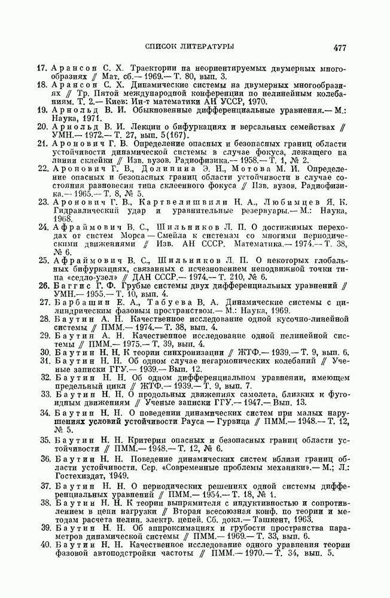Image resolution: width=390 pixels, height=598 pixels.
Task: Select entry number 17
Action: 42,68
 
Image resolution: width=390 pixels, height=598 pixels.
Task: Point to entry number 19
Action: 42,110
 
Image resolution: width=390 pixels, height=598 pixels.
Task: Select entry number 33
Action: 42,395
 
